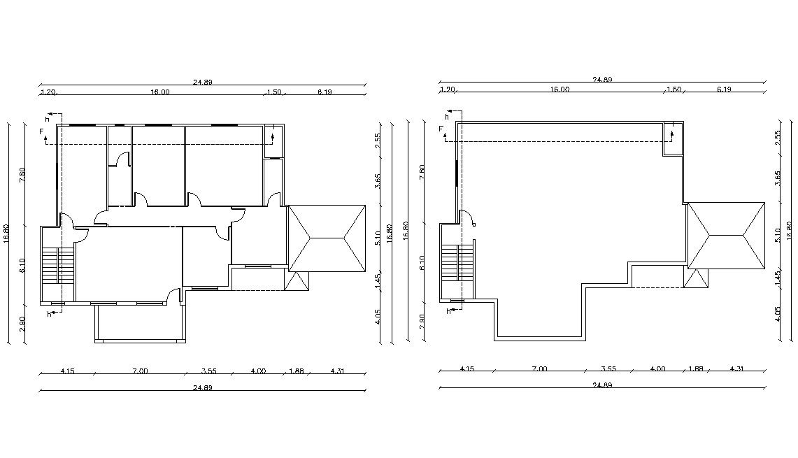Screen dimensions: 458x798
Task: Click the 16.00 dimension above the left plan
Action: coord(159,92)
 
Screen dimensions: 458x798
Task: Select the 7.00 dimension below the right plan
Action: coord(539,368)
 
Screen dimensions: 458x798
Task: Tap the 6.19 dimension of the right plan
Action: coord(723,89)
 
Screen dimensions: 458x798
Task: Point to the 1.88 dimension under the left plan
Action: coord(296,371)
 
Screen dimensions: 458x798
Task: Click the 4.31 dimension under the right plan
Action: coord(736,368)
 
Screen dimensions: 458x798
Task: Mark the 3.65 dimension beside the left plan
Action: coord(378,180)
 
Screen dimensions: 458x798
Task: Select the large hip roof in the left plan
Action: coord(327,238)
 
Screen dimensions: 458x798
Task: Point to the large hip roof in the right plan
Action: coord(727,236)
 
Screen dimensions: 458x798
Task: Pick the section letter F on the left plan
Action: coord(41,131)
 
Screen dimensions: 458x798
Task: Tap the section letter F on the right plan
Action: coord(441,129)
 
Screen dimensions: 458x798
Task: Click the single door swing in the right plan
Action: coord(468,218)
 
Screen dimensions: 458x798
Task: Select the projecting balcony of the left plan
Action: coord(141,324)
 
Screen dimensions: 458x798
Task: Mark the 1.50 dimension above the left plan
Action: coord(274,92)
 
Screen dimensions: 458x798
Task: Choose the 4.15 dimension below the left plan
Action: coord(67,371)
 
